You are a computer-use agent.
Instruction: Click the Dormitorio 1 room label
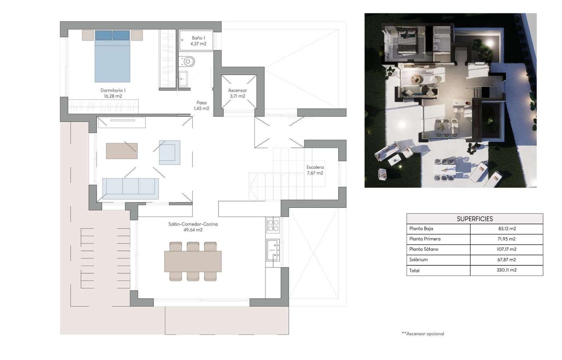pos(113,90)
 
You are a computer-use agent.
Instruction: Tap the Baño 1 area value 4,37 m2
pos(198,44)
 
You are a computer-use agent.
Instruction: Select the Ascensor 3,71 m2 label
pos(237,93)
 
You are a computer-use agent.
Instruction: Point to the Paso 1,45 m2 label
pos(201,105)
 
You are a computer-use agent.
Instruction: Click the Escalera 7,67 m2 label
pos(315,170)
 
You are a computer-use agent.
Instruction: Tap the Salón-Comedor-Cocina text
pos(193,224)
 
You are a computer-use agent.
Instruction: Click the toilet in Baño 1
pos(187,62)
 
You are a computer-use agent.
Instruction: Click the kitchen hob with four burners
pos(273,225)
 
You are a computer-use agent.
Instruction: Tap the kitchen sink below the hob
pos(273,250)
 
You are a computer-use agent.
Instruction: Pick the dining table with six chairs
pos(193,261)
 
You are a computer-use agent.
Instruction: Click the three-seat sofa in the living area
pos(130,186)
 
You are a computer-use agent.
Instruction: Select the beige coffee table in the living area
pos(122,151)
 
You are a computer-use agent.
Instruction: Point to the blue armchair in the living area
pos(170,153)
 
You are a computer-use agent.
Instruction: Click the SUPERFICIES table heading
pos(475,219)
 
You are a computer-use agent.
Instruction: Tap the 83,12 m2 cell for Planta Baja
pos(507,229)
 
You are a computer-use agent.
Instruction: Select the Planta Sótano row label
pos(424,249)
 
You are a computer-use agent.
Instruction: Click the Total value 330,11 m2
pos(507,270)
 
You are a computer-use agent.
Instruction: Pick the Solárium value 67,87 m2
pos(507,260)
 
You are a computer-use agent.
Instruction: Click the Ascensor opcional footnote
pos(423,334)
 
